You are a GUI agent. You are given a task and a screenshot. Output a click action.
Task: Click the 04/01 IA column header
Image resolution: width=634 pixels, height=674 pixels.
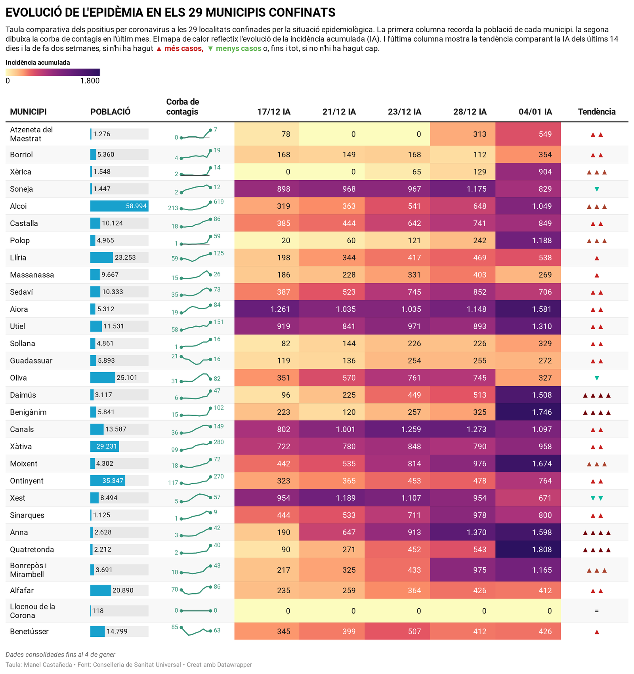click(x=535, y=112)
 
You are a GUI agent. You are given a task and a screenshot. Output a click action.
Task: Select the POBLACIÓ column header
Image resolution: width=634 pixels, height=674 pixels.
click(x=110, y=112)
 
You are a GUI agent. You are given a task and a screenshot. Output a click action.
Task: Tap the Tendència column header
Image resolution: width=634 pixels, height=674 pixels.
click(x=596, y=112)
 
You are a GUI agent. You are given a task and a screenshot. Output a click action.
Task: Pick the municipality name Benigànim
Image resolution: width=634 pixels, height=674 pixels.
click(x=28, y=412)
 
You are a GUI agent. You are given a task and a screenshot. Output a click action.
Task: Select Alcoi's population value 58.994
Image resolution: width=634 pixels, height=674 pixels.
click(x=136, y=206)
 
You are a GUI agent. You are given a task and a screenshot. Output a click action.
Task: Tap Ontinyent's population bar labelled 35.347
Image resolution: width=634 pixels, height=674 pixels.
click(x=108, y=481)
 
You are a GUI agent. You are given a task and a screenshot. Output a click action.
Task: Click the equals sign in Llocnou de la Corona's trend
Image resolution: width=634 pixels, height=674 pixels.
click(x=596, y=611)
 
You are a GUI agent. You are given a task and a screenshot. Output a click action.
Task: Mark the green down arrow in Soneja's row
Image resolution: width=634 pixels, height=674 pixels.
click(x=596, y=189)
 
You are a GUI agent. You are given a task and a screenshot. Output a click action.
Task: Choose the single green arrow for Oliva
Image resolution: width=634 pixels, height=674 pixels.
click(x=596, y=378)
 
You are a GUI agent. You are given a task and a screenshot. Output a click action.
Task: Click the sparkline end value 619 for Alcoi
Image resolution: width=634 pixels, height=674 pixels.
click(x=219, y=202)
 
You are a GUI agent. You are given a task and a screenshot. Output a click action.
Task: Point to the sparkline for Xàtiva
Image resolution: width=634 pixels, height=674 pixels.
click(x=195, y=446)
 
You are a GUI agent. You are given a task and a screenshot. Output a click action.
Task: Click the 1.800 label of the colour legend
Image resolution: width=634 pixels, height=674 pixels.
click(x=90, y=81)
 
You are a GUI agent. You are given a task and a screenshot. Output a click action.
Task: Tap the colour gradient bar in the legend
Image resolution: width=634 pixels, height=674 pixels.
click(x=52, y=72)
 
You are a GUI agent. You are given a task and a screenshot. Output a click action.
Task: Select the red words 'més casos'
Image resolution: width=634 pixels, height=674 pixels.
click(x=183, y=49)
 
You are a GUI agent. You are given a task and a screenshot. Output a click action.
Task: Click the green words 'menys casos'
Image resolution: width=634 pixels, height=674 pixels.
click(x=238, y=49)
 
